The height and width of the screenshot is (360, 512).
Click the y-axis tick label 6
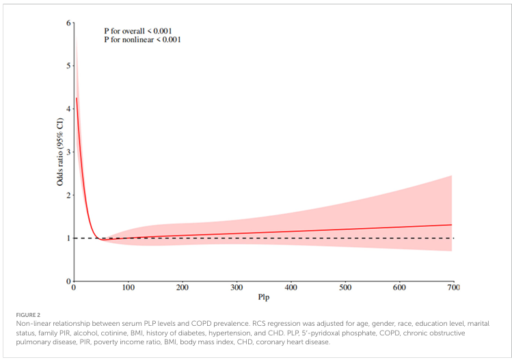tap(68, 23)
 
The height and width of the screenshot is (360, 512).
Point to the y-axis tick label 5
tap(68, 66)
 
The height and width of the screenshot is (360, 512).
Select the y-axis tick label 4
tap(68, 109)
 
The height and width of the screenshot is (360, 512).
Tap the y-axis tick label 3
tap(68, 152)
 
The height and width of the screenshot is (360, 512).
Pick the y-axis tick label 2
tap(68, 195)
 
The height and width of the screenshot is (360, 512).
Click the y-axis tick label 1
tap(68, 238)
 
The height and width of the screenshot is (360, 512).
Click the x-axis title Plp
tap(263, 299)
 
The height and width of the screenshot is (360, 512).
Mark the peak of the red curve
tap(76, 98)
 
